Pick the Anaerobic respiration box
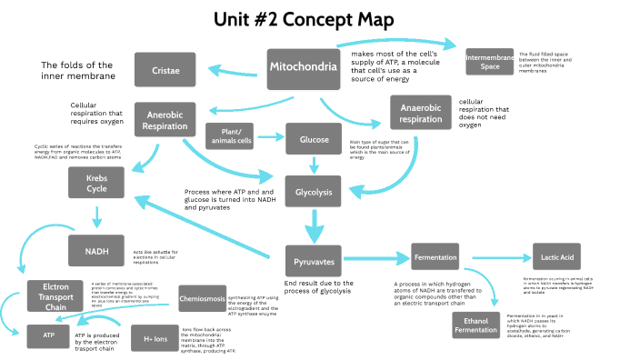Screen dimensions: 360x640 (421, 114)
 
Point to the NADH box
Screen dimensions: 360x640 (96, 250)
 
